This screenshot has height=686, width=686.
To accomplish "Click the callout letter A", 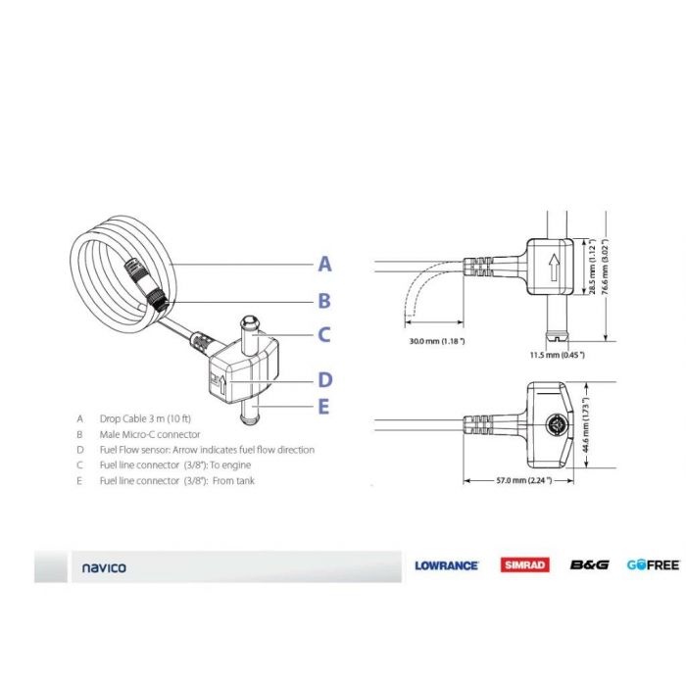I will click(x=324, y=264).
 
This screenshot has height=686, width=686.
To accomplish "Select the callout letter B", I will click(x=324, y=302).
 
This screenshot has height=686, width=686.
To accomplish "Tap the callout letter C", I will click(x=324, y=335).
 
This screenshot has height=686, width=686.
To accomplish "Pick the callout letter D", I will click(x=324, y=380).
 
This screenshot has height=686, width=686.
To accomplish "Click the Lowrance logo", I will click(x=446, y=565).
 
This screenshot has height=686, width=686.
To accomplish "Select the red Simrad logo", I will click(x=525, y=565).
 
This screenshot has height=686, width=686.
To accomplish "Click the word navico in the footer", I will click(x=104, y=567).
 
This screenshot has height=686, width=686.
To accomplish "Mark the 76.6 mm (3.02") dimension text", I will click(x=608, y=269).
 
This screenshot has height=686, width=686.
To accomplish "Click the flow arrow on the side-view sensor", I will click(x=555, y=268).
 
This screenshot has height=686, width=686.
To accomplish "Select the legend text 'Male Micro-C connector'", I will click(x=150, y=434).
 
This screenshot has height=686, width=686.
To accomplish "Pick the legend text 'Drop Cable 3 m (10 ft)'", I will click(x=148, y=418).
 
